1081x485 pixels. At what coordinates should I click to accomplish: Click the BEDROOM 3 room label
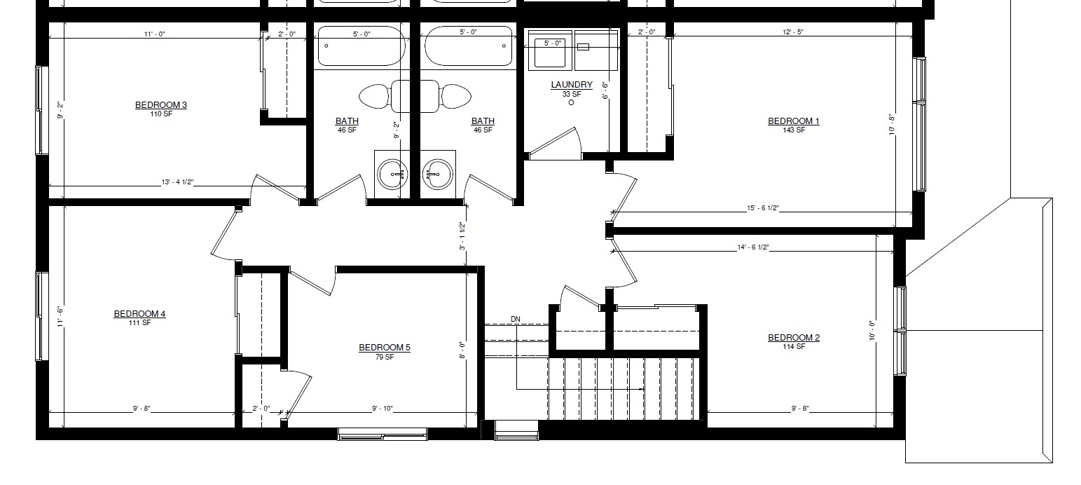[x=160, y=105]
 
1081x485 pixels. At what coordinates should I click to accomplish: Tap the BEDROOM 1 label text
[x=793, y=121]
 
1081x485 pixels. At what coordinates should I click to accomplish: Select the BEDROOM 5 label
[x=384, y=348]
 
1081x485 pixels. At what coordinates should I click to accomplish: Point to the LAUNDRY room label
[x=571, y=85]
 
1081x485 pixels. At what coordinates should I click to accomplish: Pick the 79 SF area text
[x=384, y=357]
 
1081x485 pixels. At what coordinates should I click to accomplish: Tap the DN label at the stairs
[x=516, y=320]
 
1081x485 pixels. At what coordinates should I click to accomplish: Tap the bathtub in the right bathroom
[x=467, y=46]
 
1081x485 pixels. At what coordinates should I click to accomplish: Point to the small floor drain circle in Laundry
[x=571, y=102]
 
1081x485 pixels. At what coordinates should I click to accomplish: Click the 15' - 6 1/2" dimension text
[x=762, y=208]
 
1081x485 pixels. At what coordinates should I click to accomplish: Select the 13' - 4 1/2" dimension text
[x=177, y=183]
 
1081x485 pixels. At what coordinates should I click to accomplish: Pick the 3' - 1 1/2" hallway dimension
[x=462, y=237]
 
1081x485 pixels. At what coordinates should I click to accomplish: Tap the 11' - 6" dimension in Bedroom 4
[x=60, y=317]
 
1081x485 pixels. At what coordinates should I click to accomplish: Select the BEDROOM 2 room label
[x=793, y=338]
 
